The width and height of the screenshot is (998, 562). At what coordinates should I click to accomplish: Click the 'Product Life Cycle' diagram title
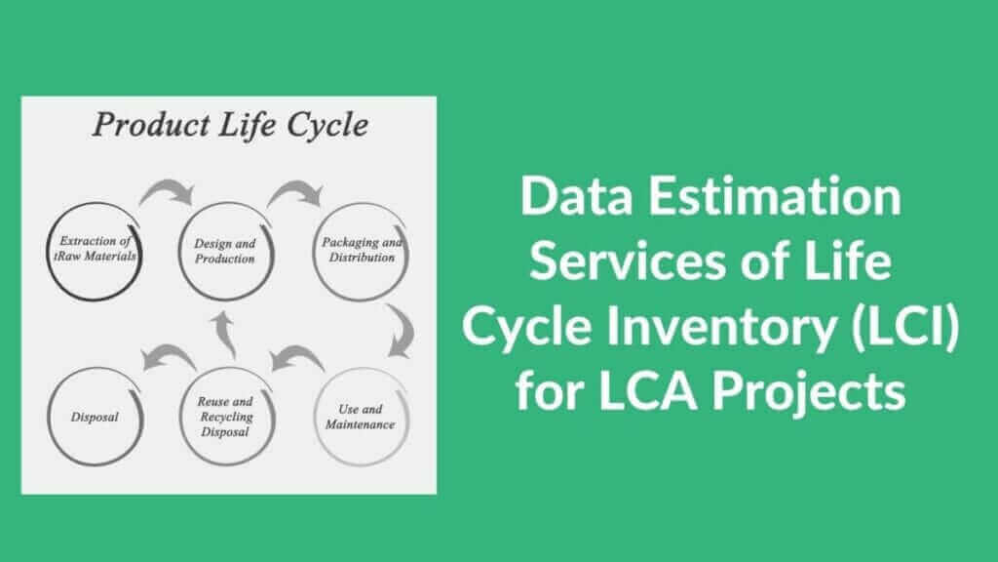point(230,126)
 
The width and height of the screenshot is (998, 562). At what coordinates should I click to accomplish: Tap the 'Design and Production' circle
point(179,251)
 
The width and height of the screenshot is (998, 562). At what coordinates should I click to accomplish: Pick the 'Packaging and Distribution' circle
point(313,251)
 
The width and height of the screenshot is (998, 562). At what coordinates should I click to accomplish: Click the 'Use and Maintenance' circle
point(315,417)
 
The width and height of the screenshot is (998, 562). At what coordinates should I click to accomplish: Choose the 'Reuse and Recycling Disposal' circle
point(180,417)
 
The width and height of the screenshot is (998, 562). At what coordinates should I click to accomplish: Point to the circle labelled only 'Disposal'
point(48,417)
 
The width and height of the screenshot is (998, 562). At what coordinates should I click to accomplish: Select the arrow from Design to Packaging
point(295,187)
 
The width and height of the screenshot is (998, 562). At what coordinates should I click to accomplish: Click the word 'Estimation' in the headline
point(775,196)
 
